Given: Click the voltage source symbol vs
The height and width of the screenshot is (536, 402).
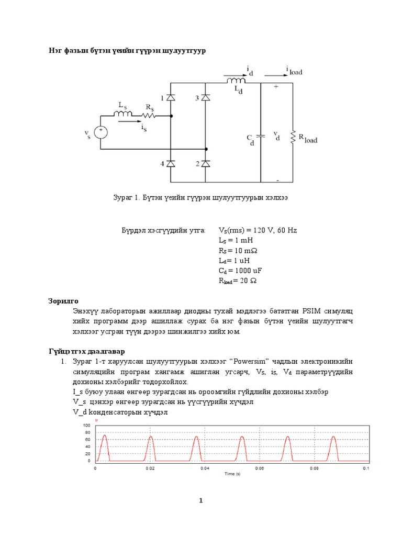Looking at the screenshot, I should coord(100,133).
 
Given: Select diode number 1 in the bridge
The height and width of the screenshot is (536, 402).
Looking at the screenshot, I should coord(171,98).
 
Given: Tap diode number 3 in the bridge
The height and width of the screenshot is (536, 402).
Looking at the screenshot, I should coord(206,98).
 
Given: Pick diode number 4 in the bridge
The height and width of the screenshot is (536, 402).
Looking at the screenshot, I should coord(171,164).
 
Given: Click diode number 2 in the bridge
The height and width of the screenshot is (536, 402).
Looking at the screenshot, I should coord(206,164).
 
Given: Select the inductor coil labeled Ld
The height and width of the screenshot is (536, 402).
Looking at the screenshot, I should coord(237,81).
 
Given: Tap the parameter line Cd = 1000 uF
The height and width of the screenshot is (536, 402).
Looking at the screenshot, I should coord(240,270).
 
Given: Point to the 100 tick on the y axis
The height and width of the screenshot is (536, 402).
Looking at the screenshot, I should coord(87,426).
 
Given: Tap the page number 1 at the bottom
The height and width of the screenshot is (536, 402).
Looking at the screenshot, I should coord(200,501).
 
